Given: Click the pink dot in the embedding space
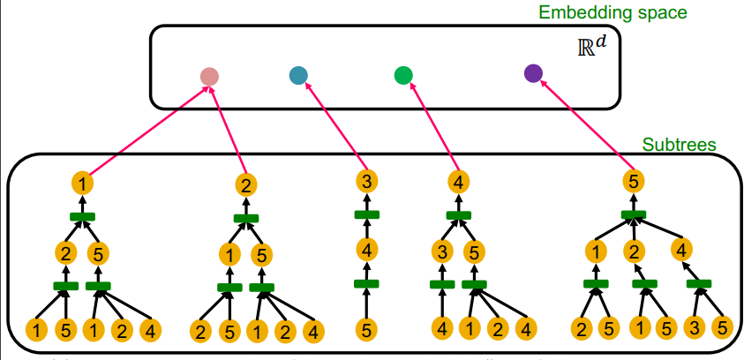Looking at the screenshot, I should (209, 77).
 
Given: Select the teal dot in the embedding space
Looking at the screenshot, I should (298, 75).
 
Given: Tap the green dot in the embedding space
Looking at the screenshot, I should (403, 76).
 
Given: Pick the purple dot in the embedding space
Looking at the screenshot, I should (532, 73).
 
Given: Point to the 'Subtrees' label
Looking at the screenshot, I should (679, 143).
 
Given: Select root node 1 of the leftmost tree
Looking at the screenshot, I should (82, 184).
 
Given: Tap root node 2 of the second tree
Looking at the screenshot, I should (246, 185).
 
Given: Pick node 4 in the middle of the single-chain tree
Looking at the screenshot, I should (367, 249).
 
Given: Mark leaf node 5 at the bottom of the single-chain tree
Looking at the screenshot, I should (367, 330).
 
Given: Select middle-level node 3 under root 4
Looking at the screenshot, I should (441, 252).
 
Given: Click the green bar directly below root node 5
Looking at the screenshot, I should (632, 214).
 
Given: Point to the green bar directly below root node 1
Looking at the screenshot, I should (82, 216).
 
